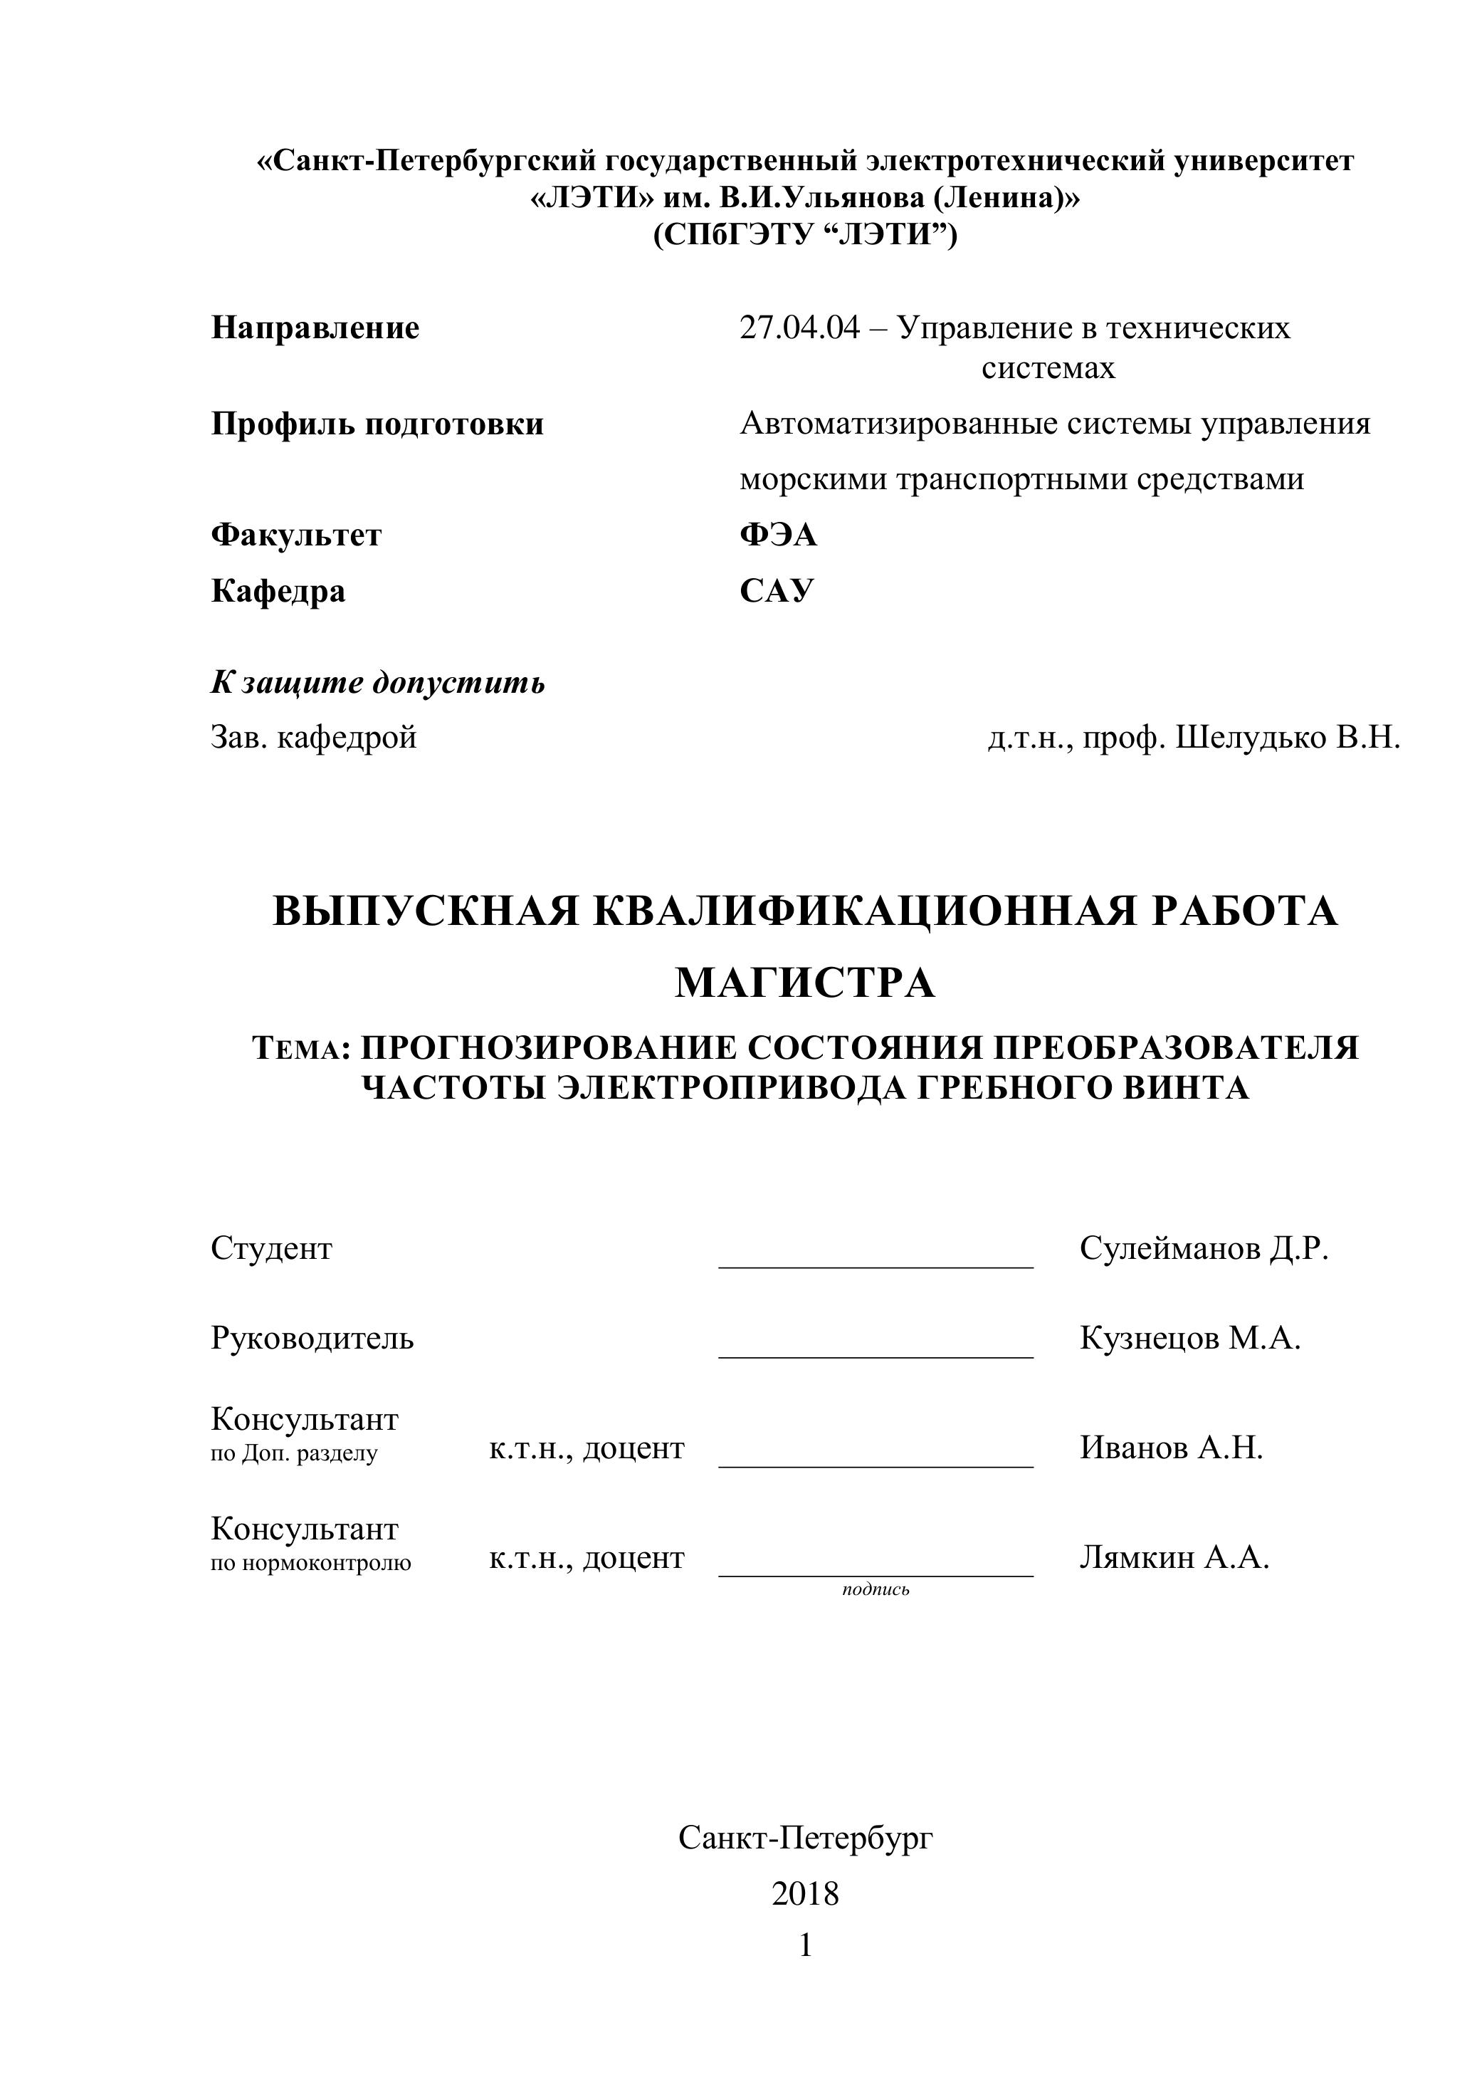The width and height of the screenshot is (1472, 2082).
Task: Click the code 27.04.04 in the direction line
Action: click(x=799, y=328)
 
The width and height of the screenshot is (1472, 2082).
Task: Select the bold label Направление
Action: click(x=315, y=328)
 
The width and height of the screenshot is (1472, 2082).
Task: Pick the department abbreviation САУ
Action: click(x=777, y=590)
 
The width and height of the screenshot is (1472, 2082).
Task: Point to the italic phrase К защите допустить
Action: click(x=378, y=682)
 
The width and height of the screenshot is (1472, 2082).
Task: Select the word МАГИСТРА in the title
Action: click(x=805, y=983)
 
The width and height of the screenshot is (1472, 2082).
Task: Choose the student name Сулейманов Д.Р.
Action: click(x=1204, y=1249)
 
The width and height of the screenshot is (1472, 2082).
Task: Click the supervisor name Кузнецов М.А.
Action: click(x=1190, y=1337)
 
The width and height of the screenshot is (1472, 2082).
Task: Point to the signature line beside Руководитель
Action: click(x=876, y=1356)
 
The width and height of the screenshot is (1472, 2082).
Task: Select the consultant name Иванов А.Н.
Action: click(x=1171, y=1448)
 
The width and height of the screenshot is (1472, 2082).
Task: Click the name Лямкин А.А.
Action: click(x=1174, y=1557)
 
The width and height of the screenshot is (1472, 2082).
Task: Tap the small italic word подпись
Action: click(x=876, y=1589)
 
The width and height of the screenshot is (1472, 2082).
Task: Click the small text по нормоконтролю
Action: click(x=311, y=1562)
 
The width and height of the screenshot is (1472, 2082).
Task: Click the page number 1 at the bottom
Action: click(x=805, y=1945)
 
